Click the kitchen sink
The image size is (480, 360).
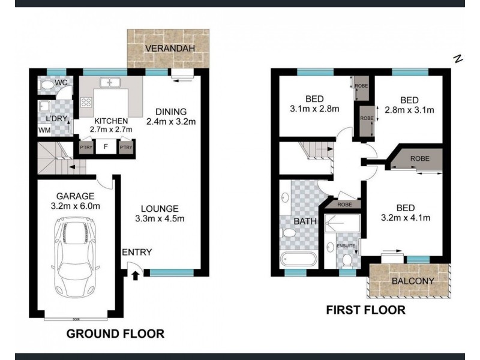tap(110, 83)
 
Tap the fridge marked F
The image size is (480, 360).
tap(106, 146)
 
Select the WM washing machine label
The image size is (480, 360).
tap(44, 130)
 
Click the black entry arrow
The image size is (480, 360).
tap(134, 275)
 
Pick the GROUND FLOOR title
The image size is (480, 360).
tap(115, 334)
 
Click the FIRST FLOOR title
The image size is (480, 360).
tap(365, 310)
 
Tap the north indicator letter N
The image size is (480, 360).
tap(458, 59)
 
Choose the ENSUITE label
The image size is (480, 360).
tap(346, 246)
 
